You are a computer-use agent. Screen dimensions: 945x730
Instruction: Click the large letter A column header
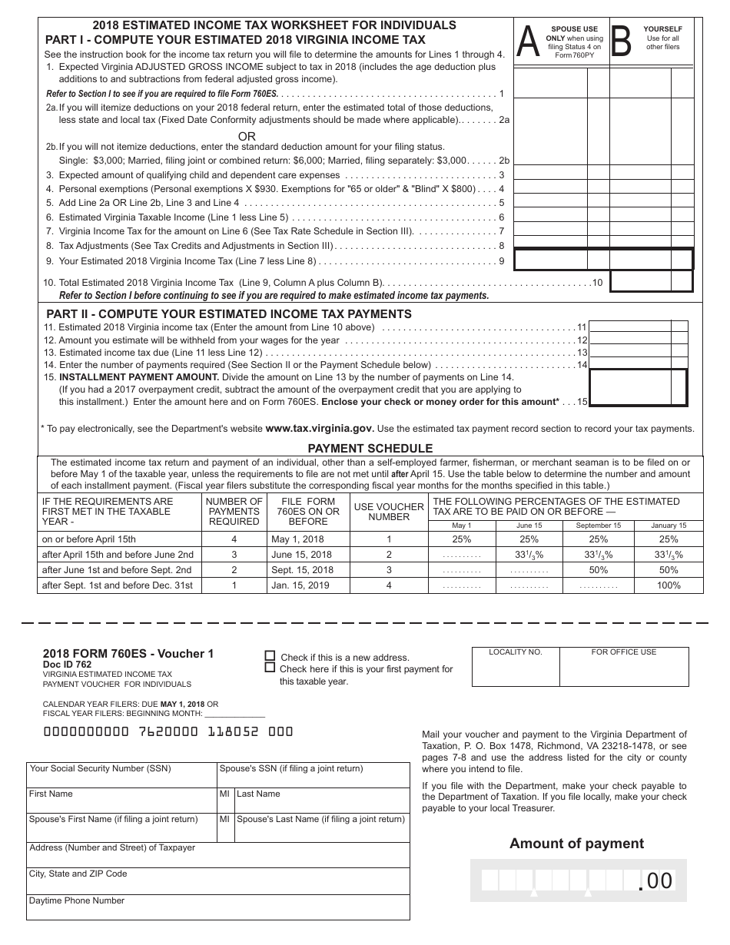529,42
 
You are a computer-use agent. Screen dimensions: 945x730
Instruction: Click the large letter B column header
621,42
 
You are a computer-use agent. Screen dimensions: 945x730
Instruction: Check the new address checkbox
270,657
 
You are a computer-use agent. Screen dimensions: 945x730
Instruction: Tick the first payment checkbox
270,668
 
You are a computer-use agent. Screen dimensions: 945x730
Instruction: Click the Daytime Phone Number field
217,907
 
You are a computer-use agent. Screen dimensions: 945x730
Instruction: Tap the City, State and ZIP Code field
217,880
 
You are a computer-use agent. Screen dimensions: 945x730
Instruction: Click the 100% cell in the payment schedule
669,585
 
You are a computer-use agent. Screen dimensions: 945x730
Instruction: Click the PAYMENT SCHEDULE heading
370,448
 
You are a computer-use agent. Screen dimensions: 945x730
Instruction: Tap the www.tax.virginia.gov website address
320,429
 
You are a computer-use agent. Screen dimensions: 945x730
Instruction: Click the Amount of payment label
576,844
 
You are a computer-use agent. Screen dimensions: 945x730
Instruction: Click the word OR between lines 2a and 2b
247,136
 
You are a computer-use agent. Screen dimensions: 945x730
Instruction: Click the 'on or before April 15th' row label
88,539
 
